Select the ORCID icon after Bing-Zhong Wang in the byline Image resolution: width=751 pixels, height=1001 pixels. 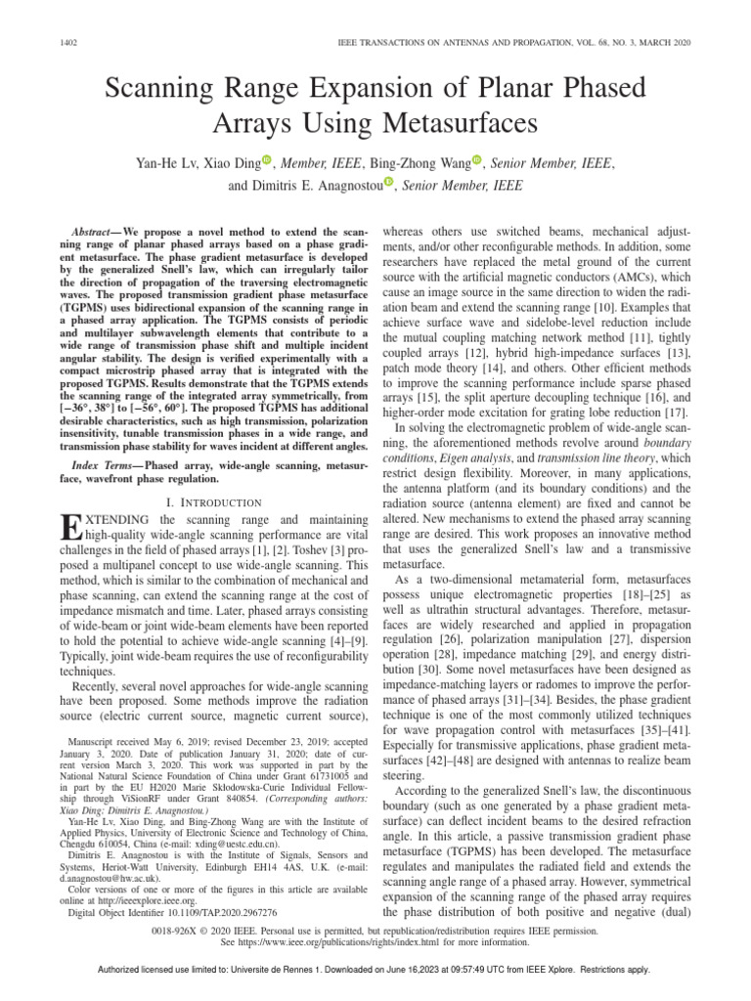point(477,161)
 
